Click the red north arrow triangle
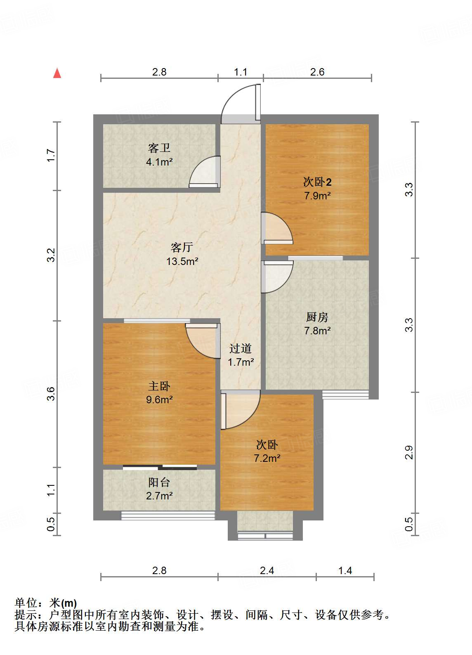point(57,73)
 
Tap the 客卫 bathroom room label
point(159,148)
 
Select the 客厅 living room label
point(182,247)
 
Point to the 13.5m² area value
point(182,261)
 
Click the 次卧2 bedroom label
point(317,182)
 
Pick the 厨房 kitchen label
point(317,317)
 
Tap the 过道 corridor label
point(241,349)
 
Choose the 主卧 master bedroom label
point(159,386)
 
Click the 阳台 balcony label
point(159,482)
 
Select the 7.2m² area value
point(267,459)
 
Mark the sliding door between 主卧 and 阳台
point(160,468)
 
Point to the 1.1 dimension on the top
point(241,72)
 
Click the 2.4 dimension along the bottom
point(267,570)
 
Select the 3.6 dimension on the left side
point(51,393)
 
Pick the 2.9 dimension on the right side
point(408,452)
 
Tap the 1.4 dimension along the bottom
point(345,570)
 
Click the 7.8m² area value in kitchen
point(317,331)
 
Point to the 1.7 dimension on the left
point(51,156)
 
